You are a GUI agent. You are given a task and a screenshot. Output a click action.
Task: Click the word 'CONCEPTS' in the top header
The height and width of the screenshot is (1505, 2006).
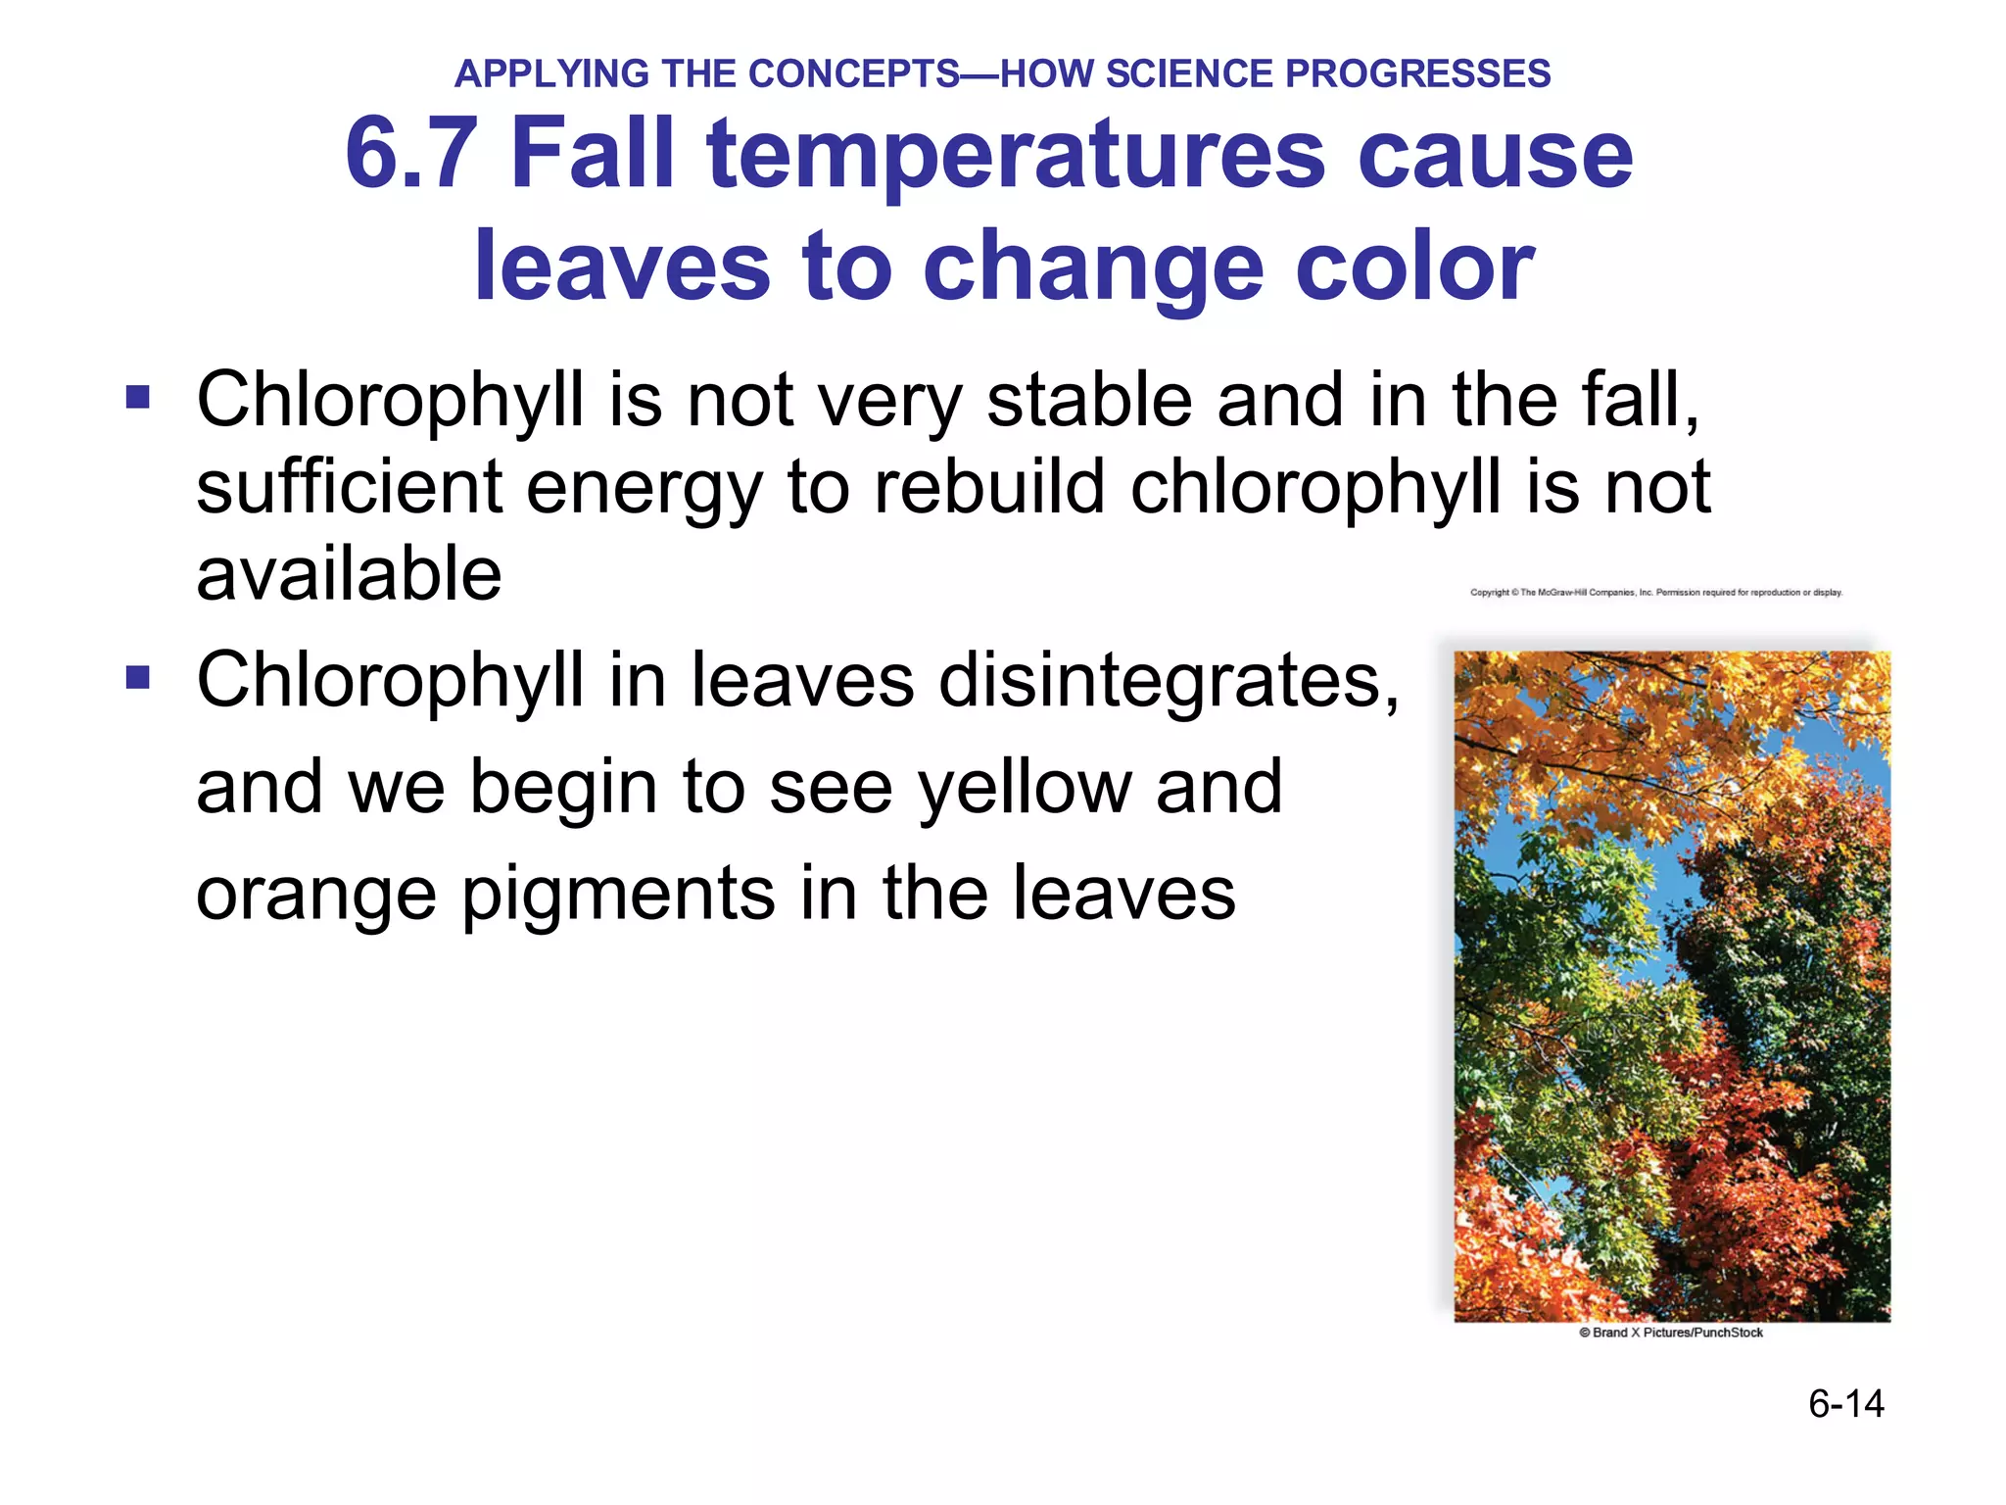click(x=853, y=74)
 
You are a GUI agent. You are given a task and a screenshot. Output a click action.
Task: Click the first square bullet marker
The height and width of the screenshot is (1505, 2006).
click(x=138, y=398)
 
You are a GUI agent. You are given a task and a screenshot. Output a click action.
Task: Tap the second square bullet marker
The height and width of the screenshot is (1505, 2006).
click(x=138, y=678)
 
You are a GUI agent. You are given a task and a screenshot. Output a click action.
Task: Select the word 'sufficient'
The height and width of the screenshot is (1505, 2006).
click(x=349, y=486)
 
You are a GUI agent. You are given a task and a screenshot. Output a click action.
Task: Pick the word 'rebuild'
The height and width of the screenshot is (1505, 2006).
click(x=989, y=486)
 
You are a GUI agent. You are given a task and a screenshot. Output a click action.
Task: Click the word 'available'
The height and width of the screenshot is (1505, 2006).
click(x=349, y=573)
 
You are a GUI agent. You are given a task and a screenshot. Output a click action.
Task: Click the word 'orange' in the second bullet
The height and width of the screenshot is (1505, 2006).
click(x=316, y=894)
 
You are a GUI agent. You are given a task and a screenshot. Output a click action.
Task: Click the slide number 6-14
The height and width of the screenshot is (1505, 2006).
click(x=1845, y=1404)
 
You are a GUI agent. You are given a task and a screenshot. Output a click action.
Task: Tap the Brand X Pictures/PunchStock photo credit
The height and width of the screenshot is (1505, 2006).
click(x=1671, y=1333)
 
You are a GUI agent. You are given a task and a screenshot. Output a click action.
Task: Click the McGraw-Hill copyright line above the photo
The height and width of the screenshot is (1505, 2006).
click(x=1655, y=593)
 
